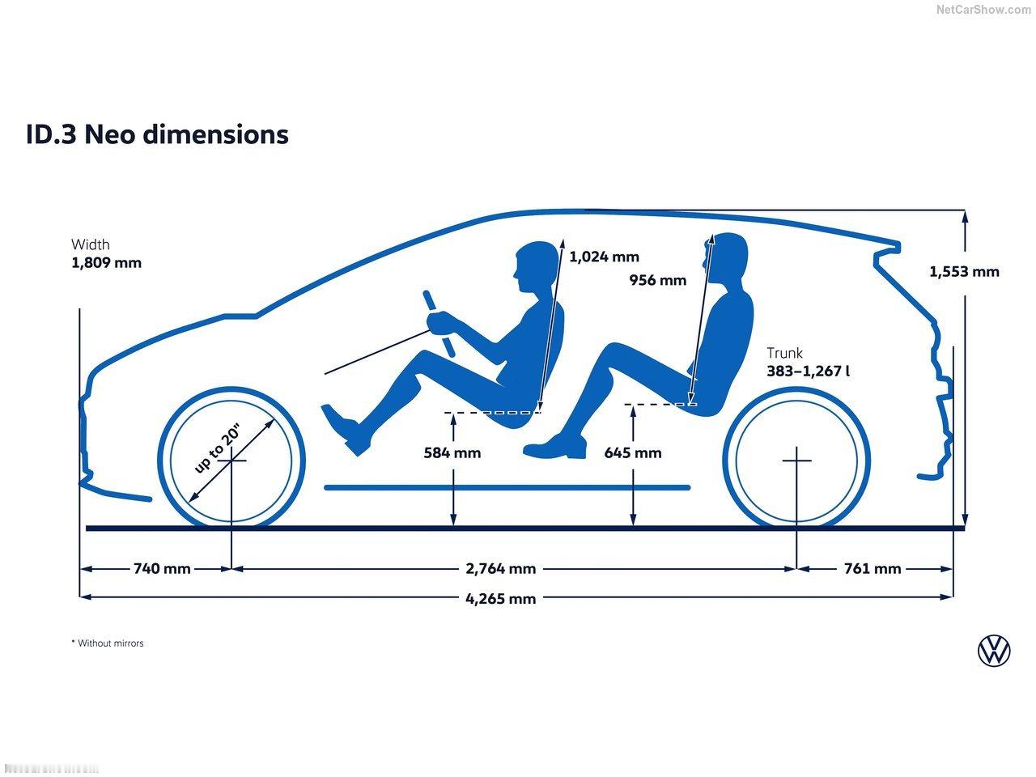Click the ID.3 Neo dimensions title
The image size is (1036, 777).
157,134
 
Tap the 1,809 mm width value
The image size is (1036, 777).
106,263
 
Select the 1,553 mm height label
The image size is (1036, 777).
964,272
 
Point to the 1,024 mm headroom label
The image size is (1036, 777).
604,257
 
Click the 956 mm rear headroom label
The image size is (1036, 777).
657,281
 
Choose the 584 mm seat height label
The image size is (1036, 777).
452,453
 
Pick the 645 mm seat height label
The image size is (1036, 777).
632,453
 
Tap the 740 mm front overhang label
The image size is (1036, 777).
162,569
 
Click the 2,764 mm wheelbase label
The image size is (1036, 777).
500,569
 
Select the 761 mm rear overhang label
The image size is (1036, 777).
872,569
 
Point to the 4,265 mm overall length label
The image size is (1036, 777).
500,599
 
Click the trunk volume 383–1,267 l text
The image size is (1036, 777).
809,372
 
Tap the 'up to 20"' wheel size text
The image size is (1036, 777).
218,448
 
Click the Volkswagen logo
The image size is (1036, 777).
994,650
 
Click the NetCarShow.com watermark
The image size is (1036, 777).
983,10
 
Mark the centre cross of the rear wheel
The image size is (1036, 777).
796,460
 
